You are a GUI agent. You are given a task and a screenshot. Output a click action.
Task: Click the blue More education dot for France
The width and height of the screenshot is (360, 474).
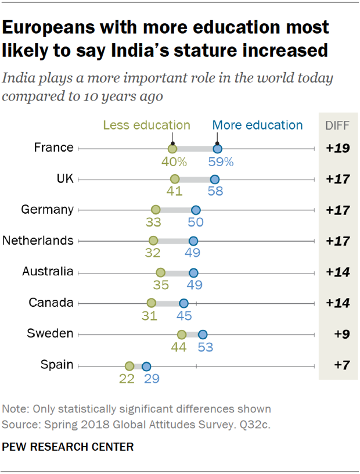(x=217, y=149)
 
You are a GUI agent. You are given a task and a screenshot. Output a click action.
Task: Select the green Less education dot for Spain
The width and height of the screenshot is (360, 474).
(x=129, y=366)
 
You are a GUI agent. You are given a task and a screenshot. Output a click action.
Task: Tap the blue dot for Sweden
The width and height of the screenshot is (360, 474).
(x=203, y=334)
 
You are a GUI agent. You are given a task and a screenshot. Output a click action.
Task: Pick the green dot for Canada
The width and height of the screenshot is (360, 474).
(x=152, y=303)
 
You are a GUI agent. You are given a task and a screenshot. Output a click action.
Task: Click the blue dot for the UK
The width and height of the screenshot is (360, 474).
(x=215, y=179)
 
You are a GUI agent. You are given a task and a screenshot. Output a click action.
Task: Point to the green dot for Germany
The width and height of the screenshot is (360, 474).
(x=155, y=210)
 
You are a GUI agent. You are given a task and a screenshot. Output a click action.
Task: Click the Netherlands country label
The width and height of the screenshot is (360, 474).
(x=38, y=240)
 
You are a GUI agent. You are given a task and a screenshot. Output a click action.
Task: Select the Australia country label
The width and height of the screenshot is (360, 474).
(x=48, y=271)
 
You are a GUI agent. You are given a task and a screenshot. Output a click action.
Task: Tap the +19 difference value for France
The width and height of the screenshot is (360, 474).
(x=337, y=148)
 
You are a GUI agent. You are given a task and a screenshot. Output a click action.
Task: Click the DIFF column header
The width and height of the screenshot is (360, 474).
(x=336, y=125)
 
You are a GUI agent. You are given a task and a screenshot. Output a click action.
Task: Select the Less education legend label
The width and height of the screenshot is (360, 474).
(x=146, y=125)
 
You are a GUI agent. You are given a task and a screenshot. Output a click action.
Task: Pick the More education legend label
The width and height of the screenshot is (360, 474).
(x=257, y=125)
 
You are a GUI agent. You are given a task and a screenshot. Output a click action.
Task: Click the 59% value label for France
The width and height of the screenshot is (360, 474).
(x=221, y=163)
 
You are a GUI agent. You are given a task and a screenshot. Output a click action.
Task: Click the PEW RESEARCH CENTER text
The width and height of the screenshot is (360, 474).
(x=68, y=447)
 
